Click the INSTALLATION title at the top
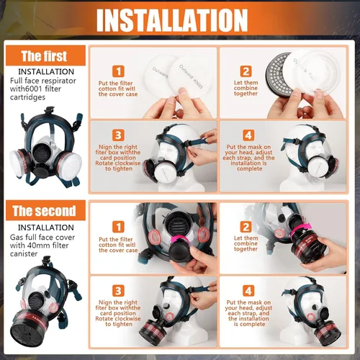pos(179,19)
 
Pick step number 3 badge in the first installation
pos(117,135)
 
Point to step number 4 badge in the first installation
pos(246,135)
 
